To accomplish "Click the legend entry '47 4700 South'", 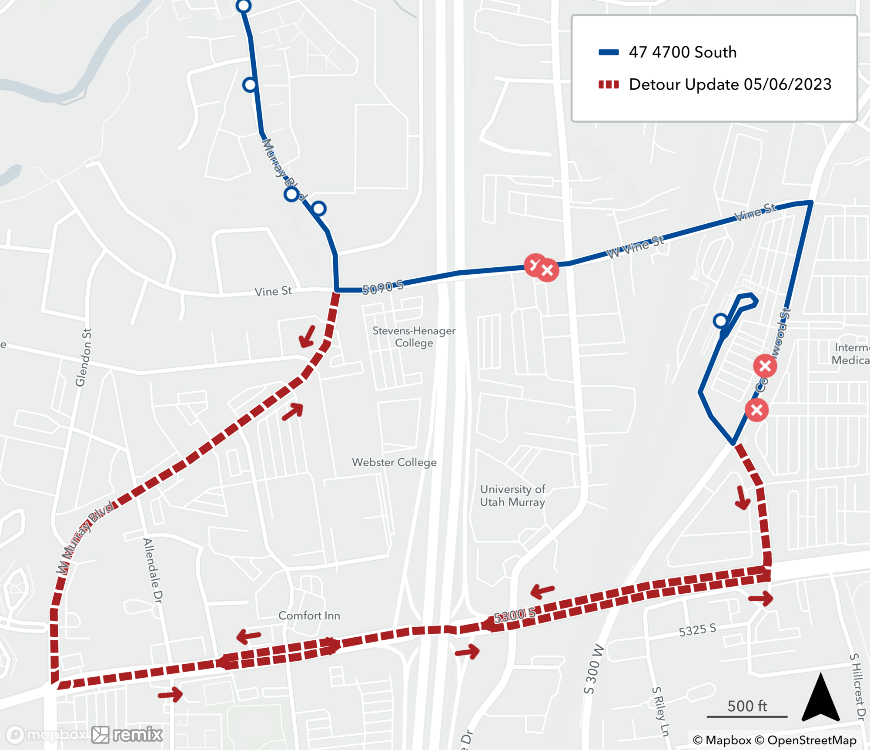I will [682, 52].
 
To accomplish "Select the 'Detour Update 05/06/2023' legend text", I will [729, 84].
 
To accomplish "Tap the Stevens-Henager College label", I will [414, 336].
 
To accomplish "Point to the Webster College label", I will [394, 462].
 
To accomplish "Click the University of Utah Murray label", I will [512, 495].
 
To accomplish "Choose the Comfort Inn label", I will [309, 615].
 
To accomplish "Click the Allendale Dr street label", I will [153, 570].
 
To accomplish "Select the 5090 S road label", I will [383, 287].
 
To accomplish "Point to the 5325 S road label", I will [697, 630].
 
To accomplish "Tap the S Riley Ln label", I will [660, 711].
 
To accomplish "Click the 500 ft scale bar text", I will [747, 706].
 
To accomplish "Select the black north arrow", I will [820, 698].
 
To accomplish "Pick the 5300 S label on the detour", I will [515, 615].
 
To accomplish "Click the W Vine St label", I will [635, 246].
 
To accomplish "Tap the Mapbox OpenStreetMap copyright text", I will [774, 740].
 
